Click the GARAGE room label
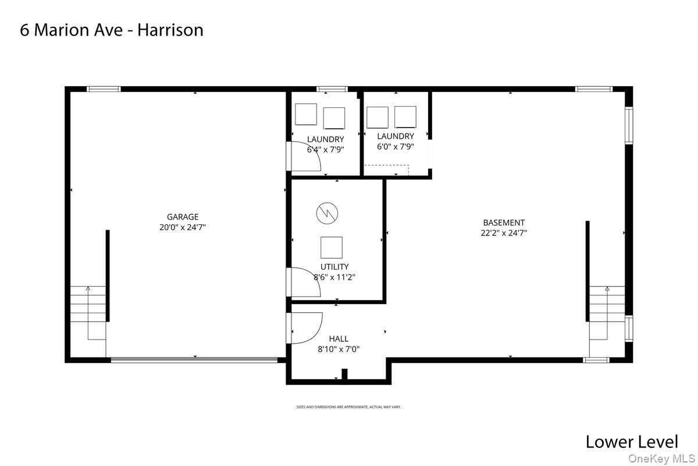[x=183, y=217]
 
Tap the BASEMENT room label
[x=504, y=223]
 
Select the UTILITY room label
[x=334, y=267]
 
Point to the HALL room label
[x=339, y=338]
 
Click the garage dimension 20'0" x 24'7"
[x=183, y=227]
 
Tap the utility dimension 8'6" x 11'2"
[x=334, y=277]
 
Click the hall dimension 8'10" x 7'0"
[x=339, y=349]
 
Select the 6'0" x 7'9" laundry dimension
[x=396, y=147]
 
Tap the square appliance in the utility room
[x=332, y=248]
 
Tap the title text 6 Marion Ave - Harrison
[x=112, y=30]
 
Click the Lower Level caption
[x=632, y=442]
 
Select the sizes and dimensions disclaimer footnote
[x=348, y=407]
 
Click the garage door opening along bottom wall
[x=194, y=360]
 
